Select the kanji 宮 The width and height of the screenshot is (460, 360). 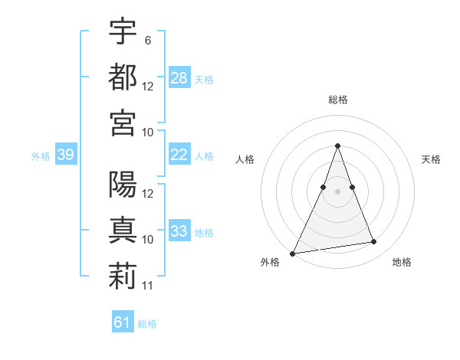tap(123, 123)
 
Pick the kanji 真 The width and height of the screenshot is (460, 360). tap(123, 231)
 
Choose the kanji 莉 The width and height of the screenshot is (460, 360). tap(123, 277)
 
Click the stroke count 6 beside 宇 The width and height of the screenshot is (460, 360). tap(147, 40)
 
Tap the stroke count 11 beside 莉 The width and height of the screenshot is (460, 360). tap(148, 286)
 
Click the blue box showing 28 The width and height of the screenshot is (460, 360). tap(179, 77)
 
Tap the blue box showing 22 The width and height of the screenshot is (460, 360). tap(179, 155)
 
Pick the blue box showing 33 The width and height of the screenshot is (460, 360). tap(179, 231)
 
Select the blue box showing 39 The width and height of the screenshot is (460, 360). tap(65, 155)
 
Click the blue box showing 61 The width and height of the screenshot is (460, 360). tap(123, 322)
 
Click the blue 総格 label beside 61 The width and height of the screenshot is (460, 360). tap(147, 324)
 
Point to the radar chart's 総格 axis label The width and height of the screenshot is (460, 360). tap(337, 100)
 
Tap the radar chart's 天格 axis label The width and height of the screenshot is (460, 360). tap(432, 159)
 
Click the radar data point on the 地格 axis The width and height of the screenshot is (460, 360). tap(374, 242)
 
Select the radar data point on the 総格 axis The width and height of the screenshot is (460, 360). tap(337, 146)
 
